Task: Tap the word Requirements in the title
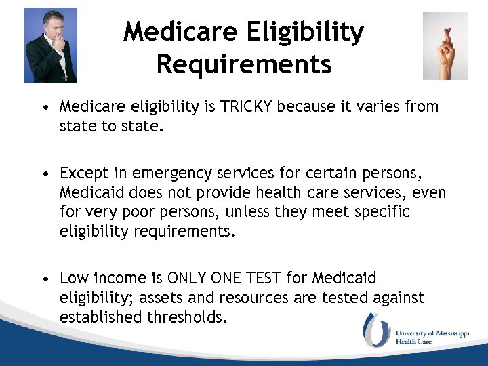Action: [244, 64]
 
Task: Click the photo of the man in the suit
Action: [51, 45]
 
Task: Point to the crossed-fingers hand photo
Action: [445, 46]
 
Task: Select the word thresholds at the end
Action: [182, 316]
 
